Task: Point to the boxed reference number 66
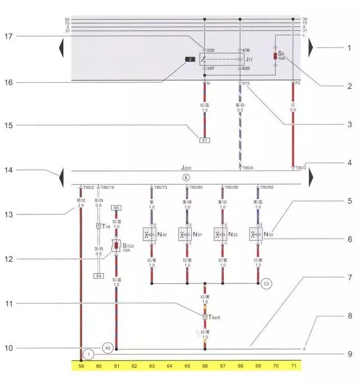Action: pyautogui.click(x=116, y=208)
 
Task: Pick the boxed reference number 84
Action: pyautogui.click(x=99, y=275)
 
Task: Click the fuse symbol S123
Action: pyautogui.click(x=116, y=246)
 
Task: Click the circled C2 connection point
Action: pyautogui.click(x=267, y=284)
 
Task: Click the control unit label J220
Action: pyautogui.click(x=186, y=168)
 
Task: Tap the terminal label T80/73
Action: pyautogui.click(x=160, y=187)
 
